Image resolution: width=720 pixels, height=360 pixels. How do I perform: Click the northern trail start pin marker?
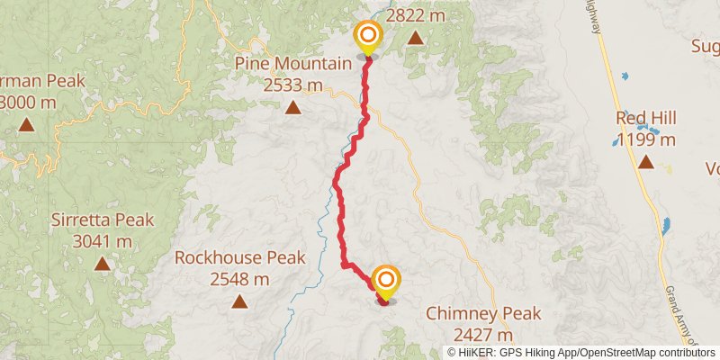pos(368,38)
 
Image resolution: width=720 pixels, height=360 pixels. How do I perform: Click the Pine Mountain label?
pos(292,63)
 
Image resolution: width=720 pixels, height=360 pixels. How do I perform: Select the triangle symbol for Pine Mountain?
pos(292,108)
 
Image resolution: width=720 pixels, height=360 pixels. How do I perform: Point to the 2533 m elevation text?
pos(292,85)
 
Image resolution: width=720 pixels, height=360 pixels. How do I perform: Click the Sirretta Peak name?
pos(103,220)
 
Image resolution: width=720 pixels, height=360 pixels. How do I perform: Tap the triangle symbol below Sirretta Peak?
pos(103,264)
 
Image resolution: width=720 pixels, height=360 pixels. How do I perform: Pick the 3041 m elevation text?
pos(103,241)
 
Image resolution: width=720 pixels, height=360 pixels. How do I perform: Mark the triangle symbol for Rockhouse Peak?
pos(238,301)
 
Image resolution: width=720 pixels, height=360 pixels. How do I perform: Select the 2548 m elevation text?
pos(238,278)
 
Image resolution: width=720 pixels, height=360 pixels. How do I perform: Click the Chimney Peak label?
pos(483,313)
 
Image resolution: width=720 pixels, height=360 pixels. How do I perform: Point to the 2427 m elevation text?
pos(483,335)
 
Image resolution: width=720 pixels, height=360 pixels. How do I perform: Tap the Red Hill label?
pos(646,118)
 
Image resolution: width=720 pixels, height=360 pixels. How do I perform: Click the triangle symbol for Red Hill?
pos(646,162)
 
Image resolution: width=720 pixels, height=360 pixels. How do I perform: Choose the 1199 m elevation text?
pos(646,139)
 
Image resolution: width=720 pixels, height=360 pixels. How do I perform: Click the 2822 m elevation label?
pos(416,15)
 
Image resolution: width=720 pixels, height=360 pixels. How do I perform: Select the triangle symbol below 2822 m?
pos(416,38)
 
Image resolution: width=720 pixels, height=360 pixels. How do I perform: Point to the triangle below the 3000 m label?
pos(27,125)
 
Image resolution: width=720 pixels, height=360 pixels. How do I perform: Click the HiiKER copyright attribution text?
pos(581,352)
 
